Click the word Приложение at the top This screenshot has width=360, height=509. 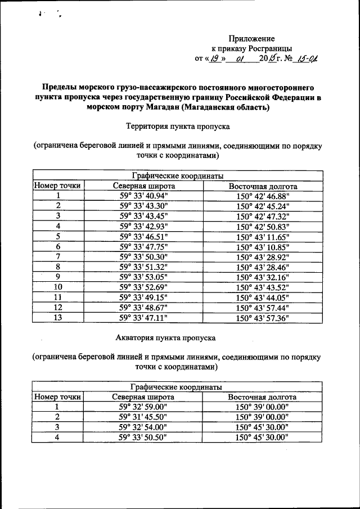pos(251,39)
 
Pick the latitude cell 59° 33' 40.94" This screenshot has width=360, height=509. pos(143,195)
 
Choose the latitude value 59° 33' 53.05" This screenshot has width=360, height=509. pos(143,277)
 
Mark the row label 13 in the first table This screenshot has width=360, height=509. pos(57,317)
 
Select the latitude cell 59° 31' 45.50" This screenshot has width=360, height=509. pos(143,417)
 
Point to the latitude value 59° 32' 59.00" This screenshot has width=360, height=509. pos(143,407)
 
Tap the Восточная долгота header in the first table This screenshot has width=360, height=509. pos(263,186)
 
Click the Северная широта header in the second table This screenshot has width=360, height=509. pos(143,397)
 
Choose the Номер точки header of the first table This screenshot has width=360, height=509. pos(57,186)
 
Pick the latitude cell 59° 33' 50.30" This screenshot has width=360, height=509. pos(143,256)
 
